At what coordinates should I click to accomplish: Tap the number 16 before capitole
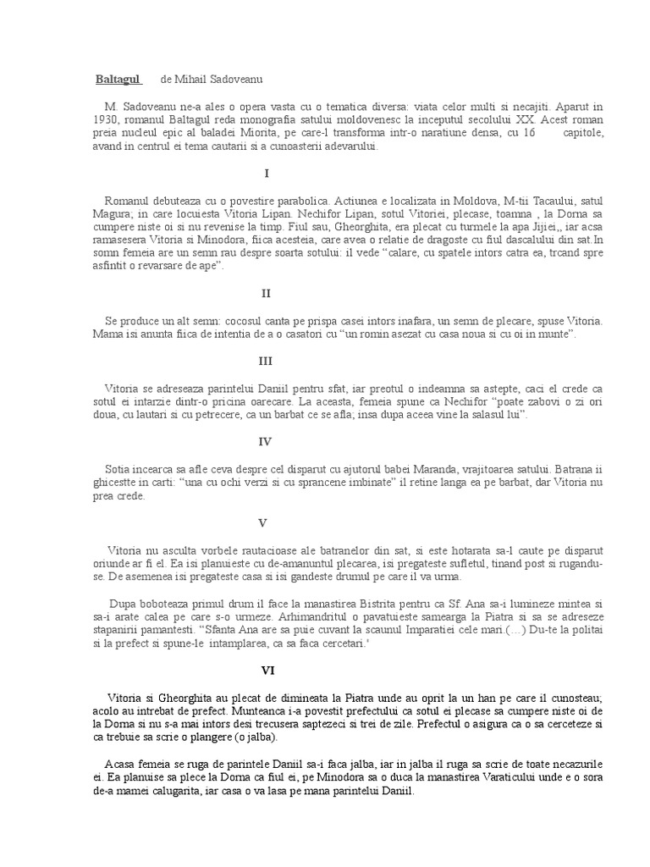(x=530, y=133)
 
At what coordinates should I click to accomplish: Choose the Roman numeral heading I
(x=267, y=174)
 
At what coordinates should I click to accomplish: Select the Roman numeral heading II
(x=267, y=293)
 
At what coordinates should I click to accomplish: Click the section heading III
(x=267, y=359)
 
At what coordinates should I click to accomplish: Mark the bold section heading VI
(x=267, y=670)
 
